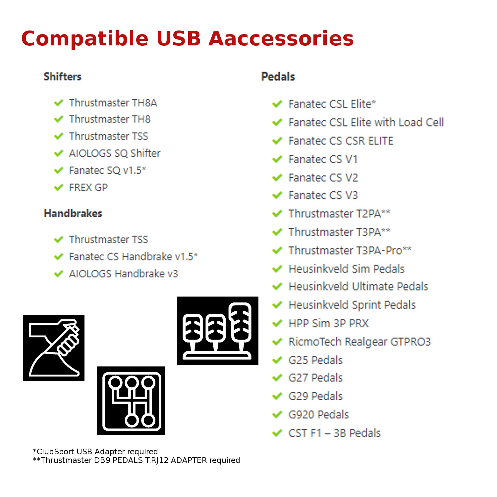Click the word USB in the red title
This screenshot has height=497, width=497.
pos(179,38)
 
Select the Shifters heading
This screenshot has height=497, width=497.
pos(63,77)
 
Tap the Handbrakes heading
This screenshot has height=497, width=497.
pos(73,213)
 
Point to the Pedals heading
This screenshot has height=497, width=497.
pos(278,77)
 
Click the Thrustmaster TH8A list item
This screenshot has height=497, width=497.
pos(113,103)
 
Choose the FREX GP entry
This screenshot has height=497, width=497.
pos(88,188)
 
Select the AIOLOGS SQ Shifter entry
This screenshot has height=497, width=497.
pos(115,153)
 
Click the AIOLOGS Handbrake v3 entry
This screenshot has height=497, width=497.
pos(123,274)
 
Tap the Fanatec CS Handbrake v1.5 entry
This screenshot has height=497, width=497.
pos(133,257)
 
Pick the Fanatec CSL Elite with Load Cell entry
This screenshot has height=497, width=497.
pos(366,123)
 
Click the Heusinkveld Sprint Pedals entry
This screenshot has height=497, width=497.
pos(352,305)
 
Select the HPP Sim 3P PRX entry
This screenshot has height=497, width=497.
pos(328,323)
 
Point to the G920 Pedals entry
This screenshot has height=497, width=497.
pos(318,414)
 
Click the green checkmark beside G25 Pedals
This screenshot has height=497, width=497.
pos(277,360)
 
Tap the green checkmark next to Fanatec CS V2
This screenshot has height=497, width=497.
pos(277,178)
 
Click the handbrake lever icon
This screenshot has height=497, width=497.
pos(54,348)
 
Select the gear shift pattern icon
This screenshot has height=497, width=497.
pos(131,401)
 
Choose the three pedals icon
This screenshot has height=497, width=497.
pos(218,331)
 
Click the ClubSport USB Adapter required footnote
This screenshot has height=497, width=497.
pos(95,452)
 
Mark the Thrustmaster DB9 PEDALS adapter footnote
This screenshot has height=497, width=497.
pos(136,460)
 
